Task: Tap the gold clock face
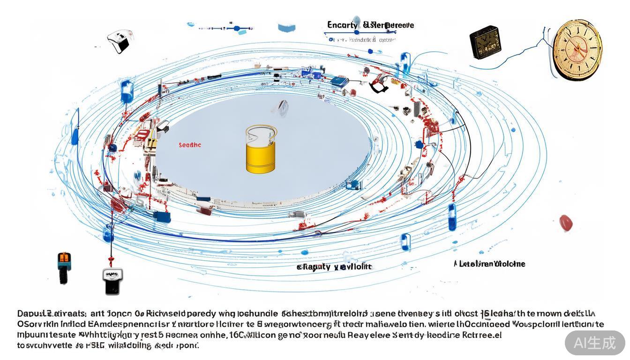coord(577,50)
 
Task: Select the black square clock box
coord(485,42)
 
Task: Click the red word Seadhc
coord(190,145)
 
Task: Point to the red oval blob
coord(566,223)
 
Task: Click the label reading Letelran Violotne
coord(489,264)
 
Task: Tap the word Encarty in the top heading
coord(342,25)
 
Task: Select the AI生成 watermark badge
coord(595,343)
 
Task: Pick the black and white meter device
coord(112,280)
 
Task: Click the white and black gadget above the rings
coord(118,41)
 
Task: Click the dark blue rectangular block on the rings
coord(162,217)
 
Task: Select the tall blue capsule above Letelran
coord(452,217)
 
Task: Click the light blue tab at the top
coord(286,28)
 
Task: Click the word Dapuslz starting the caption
coord(32,313)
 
